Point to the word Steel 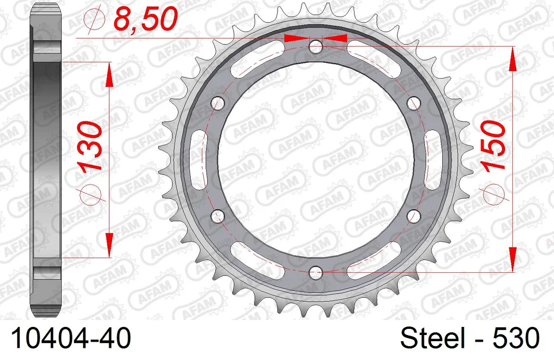(433, 338)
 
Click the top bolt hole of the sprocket (315, 46)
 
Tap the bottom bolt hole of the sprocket (315, 272)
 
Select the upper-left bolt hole (218, 103)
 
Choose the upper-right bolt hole (414, 103)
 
